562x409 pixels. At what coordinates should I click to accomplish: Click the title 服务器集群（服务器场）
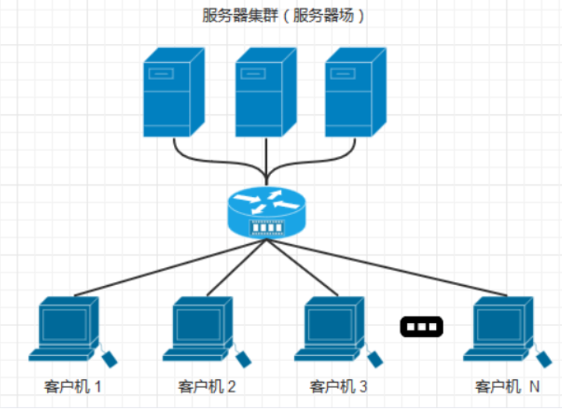[283, 16]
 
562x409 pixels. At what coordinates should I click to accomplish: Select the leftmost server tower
[174, 92]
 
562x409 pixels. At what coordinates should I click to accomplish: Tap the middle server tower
[266, 92]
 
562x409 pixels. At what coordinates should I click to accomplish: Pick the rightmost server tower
[355, 92]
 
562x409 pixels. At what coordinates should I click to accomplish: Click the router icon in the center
[266, 212]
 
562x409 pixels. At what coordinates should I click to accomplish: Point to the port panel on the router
[267, 227]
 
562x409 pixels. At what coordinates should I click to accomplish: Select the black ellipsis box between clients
[422, 327]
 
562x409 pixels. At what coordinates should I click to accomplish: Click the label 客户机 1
[72, 387]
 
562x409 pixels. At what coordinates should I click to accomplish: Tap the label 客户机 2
[207, 387]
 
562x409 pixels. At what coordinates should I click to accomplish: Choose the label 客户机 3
[338, 387]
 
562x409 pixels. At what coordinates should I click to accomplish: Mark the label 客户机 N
[508, 387]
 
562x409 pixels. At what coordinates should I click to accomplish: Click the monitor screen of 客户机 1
[64, 325]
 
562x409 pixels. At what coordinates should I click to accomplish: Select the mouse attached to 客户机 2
[243, 358]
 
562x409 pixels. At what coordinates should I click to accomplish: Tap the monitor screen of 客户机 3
[330, 325]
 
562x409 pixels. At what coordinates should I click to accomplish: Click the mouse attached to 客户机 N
[544, 358]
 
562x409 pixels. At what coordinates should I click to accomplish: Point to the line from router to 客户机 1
[170, 268]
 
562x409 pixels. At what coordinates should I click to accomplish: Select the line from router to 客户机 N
[387, 268]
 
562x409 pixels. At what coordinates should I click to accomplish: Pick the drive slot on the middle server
[253, 74]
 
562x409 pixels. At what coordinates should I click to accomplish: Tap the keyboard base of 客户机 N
[495, 355]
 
